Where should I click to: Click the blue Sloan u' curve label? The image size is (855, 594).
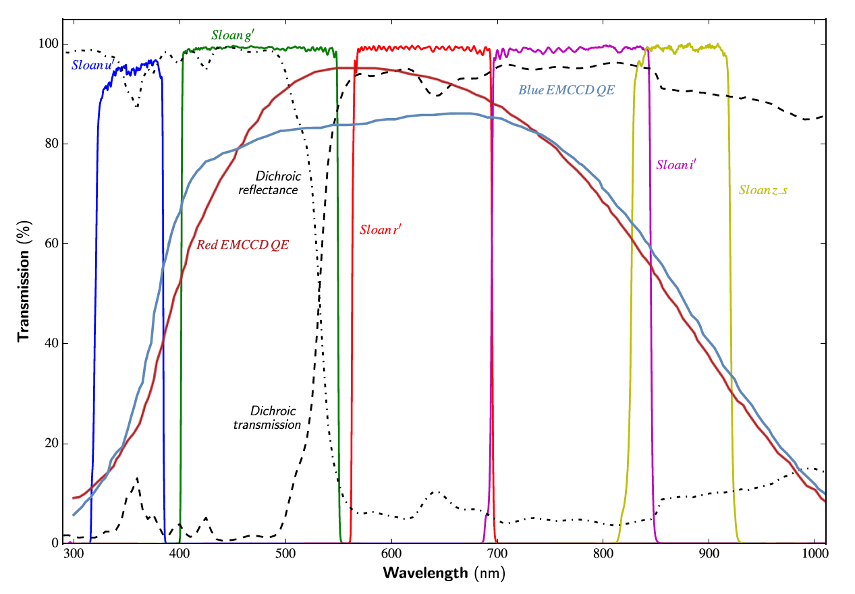91,65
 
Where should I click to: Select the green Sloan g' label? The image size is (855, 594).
233,35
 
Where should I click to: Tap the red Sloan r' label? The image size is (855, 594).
381,230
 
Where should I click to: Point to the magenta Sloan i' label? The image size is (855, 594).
677,164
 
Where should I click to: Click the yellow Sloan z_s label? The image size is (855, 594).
763,190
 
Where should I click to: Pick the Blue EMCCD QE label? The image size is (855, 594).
566,90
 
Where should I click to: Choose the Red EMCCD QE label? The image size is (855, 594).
243,245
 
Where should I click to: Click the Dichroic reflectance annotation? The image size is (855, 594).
269,183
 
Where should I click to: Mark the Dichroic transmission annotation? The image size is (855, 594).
267,417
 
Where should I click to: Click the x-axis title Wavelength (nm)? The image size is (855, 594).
444,574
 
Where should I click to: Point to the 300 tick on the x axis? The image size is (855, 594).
73,555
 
